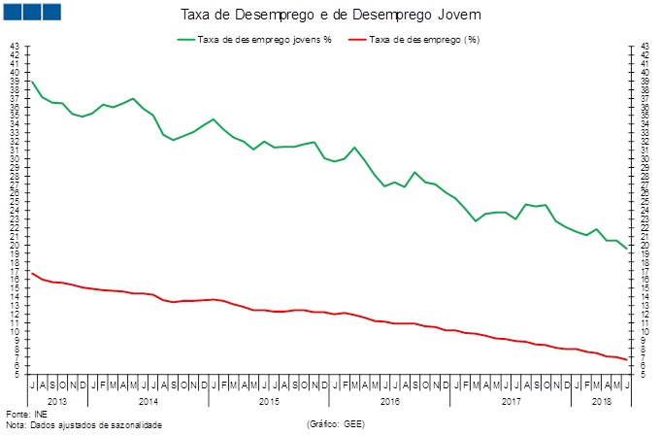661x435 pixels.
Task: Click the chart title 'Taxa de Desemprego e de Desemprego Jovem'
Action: click(331, 17)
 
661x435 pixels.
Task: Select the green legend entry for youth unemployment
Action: click(254, 40)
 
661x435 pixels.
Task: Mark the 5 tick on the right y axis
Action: click(645, 375)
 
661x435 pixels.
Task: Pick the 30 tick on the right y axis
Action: click(645, 158)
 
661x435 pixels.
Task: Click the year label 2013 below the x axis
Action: click(56, 400)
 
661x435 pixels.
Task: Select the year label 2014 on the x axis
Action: click(149, 400)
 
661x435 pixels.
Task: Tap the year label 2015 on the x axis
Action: click(269, 400)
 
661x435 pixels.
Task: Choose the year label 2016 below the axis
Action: click(389, 400)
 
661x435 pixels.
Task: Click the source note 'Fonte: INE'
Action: click(25, 415)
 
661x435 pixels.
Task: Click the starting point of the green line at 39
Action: click(32, 81)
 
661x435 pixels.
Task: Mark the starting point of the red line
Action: click(32, 273)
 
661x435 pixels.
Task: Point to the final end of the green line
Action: click(626, 249)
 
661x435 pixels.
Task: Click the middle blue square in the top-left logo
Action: click(30, 12)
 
